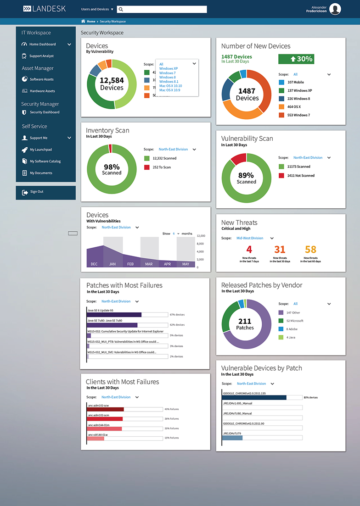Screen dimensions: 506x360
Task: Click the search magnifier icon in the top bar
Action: (120, 9)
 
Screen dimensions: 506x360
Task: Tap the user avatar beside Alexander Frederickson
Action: (335, 9)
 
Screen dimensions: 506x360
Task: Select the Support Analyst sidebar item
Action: (41, 56)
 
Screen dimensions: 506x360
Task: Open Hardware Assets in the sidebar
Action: (42, 91)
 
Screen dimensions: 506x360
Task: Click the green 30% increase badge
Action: (296, 59)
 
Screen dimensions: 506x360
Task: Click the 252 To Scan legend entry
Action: (161, 167)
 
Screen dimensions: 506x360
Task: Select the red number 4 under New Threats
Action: (249, 250)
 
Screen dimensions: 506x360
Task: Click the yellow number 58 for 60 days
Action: (310, 250)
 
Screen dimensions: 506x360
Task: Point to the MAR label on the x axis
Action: (149, 264)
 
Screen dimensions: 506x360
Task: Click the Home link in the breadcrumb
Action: (90, 22)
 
